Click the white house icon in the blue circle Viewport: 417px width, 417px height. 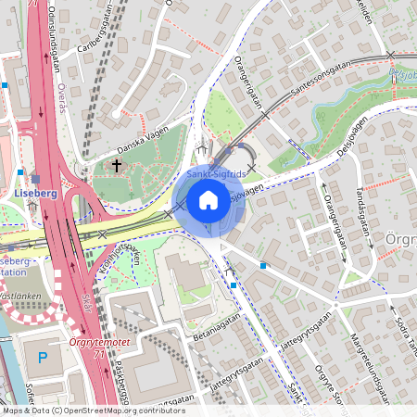[208, 200]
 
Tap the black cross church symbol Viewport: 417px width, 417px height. [117, 165]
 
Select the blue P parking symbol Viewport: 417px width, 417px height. [42, 357]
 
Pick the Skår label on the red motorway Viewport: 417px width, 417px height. [87, 303]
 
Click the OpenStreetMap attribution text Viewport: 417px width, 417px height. [93, 411]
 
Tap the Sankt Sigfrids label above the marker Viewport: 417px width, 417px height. [215, 173]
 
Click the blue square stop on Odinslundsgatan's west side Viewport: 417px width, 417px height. [6, 84]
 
